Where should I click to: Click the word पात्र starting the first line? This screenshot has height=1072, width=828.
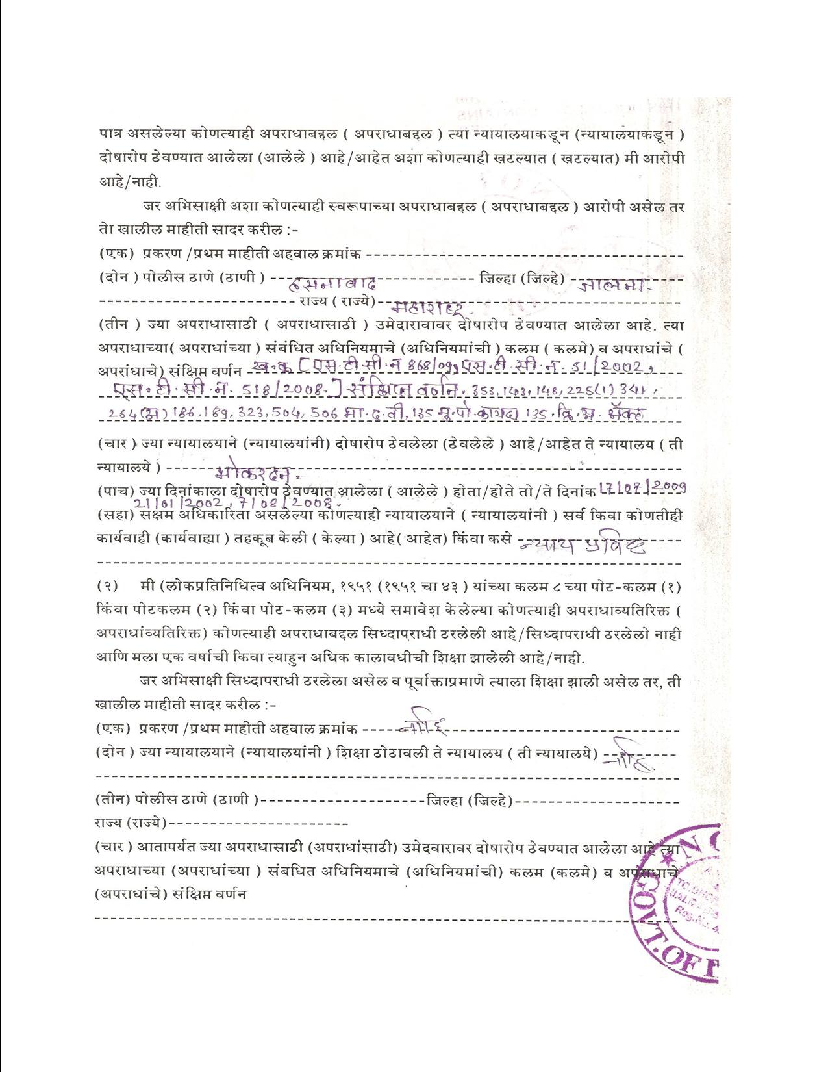pyautogui.click(x=110, y=134)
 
